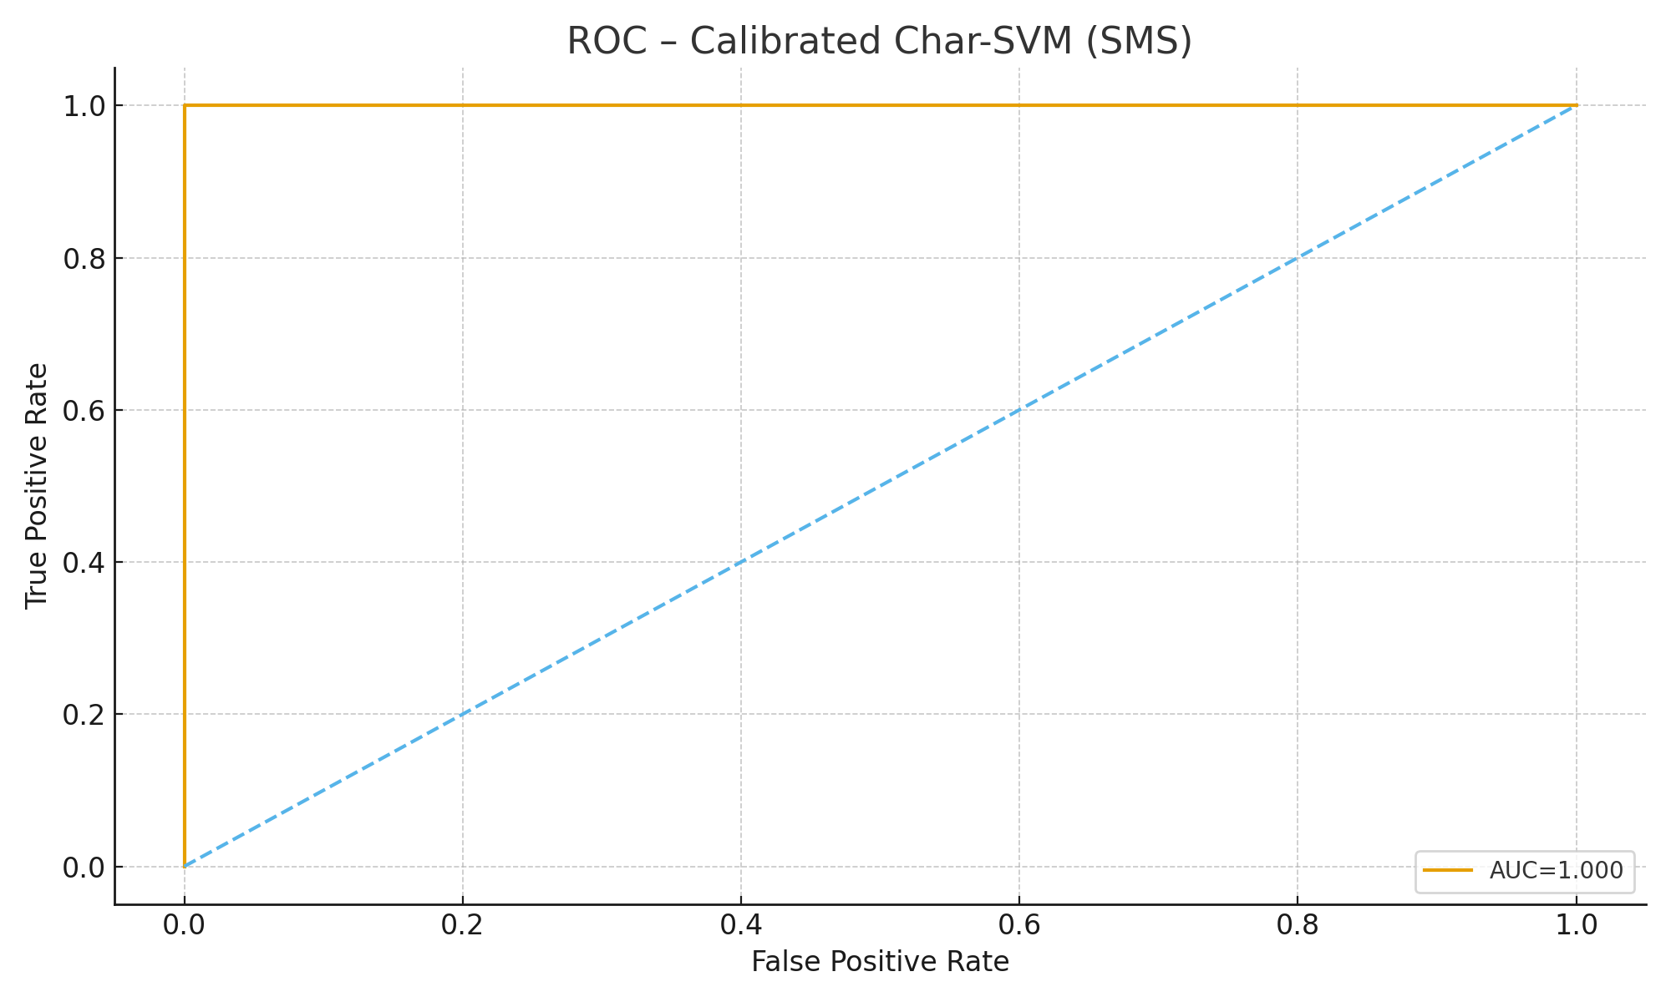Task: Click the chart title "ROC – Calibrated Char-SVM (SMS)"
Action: (880, 42)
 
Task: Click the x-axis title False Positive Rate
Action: (880, 962)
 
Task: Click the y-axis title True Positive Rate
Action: (36, 486)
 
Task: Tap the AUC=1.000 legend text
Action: (1556, 870)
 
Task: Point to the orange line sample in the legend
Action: (1448, 870)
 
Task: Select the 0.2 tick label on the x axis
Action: (463, 925)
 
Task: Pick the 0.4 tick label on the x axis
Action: (741, 925)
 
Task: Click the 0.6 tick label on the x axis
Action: (1019, 925)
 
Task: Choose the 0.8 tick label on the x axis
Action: (1298, 925)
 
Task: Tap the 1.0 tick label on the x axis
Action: (1576, 925)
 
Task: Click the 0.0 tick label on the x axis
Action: (185, 925)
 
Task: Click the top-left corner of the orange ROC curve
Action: (185, 106)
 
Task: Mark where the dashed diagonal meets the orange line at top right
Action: (1576, 106)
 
